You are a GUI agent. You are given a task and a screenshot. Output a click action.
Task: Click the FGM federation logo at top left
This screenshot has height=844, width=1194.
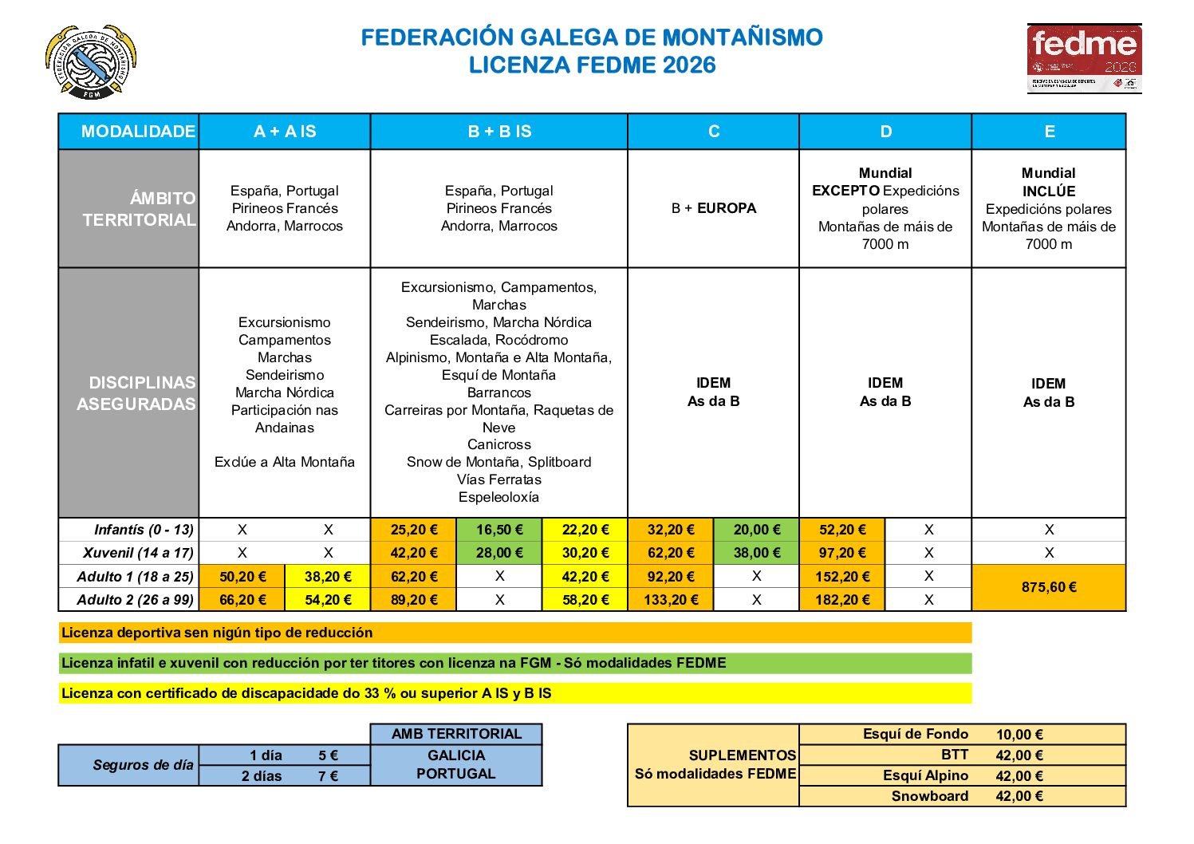click(90, 62)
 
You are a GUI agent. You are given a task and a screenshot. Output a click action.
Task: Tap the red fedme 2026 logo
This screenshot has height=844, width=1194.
click(1084, 59)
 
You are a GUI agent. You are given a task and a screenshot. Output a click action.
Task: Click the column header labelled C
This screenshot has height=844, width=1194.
click(714, 132)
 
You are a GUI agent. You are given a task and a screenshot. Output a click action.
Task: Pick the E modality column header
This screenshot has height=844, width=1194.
click(1049, 132)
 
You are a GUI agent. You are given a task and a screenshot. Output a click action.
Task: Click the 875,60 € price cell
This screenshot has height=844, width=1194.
click(1049, 588)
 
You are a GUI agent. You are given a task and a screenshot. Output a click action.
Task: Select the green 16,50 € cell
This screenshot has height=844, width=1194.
click(499, 530)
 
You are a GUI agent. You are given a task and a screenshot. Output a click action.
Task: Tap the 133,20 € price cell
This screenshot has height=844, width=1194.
click(671, 600)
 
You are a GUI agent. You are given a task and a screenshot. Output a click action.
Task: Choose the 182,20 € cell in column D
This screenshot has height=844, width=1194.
click(842, 600)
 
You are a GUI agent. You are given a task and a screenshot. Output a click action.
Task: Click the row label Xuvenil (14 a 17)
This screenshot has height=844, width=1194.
click(138, 553)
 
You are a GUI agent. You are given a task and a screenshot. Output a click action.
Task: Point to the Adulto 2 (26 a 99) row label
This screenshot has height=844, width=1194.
click(135, 600)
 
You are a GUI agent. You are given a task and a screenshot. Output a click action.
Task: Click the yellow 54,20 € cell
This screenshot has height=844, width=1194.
click(328, 600)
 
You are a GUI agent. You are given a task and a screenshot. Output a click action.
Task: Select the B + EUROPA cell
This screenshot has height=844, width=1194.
click(714, 208)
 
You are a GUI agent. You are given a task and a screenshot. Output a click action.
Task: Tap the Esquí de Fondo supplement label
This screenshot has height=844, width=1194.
click(916, 734)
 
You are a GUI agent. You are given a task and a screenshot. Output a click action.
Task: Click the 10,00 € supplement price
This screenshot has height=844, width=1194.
click(1019, 735)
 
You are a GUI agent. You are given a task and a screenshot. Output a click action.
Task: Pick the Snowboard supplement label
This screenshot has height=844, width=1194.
click(930, 796)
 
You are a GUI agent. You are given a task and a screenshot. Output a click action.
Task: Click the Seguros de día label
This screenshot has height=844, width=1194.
click(143, 765)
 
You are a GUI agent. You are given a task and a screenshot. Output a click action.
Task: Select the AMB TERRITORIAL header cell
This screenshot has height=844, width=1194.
click(456, 734)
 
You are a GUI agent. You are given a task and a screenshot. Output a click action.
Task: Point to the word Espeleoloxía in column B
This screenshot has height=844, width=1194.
click(499, 497)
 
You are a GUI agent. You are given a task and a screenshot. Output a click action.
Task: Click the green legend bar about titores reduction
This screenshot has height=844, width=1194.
click(515, 663)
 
